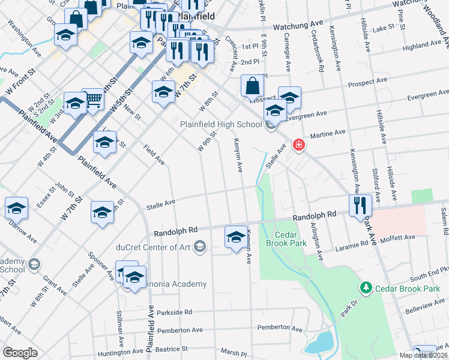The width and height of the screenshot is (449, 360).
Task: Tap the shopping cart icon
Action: (x=92, y=99)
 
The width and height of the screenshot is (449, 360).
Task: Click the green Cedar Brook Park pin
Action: (x=365, y=289)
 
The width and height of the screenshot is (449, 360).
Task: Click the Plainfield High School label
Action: (x=221, y=125)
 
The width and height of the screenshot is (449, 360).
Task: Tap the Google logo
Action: (x=20, y=353)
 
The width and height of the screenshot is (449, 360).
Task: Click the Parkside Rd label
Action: (x=174, y=313)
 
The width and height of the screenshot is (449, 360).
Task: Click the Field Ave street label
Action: (x=154, y=154)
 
